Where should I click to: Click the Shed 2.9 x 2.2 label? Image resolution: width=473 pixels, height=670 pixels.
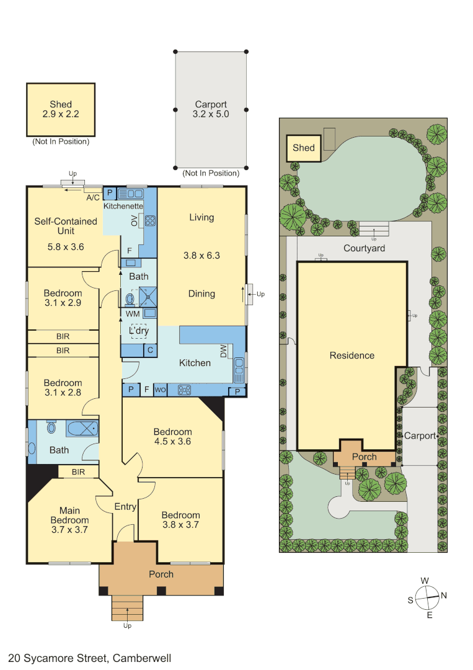61,109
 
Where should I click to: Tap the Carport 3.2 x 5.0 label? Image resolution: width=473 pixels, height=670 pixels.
211,109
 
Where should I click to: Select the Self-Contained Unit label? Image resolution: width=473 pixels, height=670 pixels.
66,226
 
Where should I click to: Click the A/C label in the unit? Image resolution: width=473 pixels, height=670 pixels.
92,197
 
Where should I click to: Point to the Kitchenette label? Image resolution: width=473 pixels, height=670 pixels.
123,206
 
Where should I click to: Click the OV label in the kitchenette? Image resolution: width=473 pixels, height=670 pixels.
135,220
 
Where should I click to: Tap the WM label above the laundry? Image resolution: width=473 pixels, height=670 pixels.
133,314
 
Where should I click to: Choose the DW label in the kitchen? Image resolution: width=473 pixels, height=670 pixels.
223,351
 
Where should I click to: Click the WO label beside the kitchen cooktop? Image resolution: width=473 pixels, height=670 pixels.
160,390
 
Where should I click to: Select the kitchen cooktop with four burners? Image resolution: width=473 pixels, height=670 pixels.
184,390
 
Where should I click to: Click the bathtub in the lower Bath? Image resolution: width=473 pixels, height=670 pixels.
82,428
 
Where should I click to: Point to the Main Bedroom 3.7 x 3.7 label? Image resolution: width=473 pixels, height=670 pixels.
69,520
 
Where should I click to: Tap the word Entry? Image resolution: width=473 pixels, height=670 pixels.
125,507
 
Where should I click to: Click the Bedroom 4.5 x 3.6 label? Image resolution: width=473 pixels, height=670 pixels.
172,436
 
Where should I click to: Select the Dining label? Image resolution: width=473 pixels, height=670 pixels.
201,293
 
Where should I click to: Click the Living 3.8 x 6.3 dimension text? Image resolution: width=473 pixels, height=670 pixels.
201,256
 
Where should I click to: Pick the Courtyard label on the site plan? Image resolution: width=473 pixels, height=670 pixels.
364,248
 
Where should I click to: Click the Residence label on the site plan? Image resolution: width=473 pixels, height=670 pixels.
351,355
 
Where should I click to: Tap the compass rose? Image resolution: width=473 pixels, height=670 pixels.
427,598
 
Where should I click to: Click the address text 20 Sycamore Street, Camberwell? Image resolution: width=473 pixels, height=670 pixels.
90,658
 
